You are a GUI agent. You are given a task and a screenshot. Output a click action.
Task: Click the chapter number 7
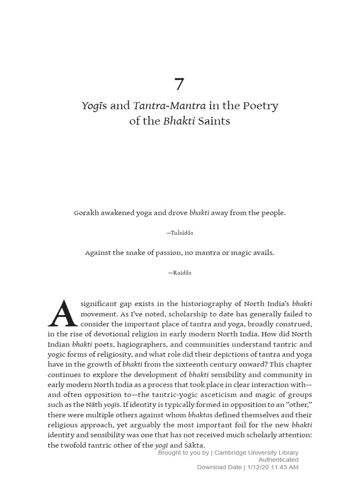coord(180,84)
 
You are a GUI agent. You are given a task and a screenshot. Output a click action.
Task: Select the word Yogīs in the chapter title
coord(95,106)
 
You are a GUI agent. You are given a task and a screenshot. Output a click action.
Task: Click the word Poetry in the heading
coord(260,106)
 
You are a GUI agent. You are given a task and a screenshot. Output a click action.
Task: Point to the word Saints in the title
coord(214,121)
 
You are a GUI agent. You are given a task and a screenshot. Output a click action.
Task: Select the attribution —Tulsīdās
coord(180,233)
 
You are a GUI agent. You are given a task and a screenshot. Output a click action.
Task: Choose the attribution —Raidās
coord(180,273)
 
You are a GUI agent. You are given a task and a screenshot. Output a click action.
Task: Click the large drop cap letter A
coord(62,313)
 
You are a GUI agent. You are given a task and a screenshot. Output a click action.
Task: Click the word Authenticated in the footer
coord(278,460)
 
